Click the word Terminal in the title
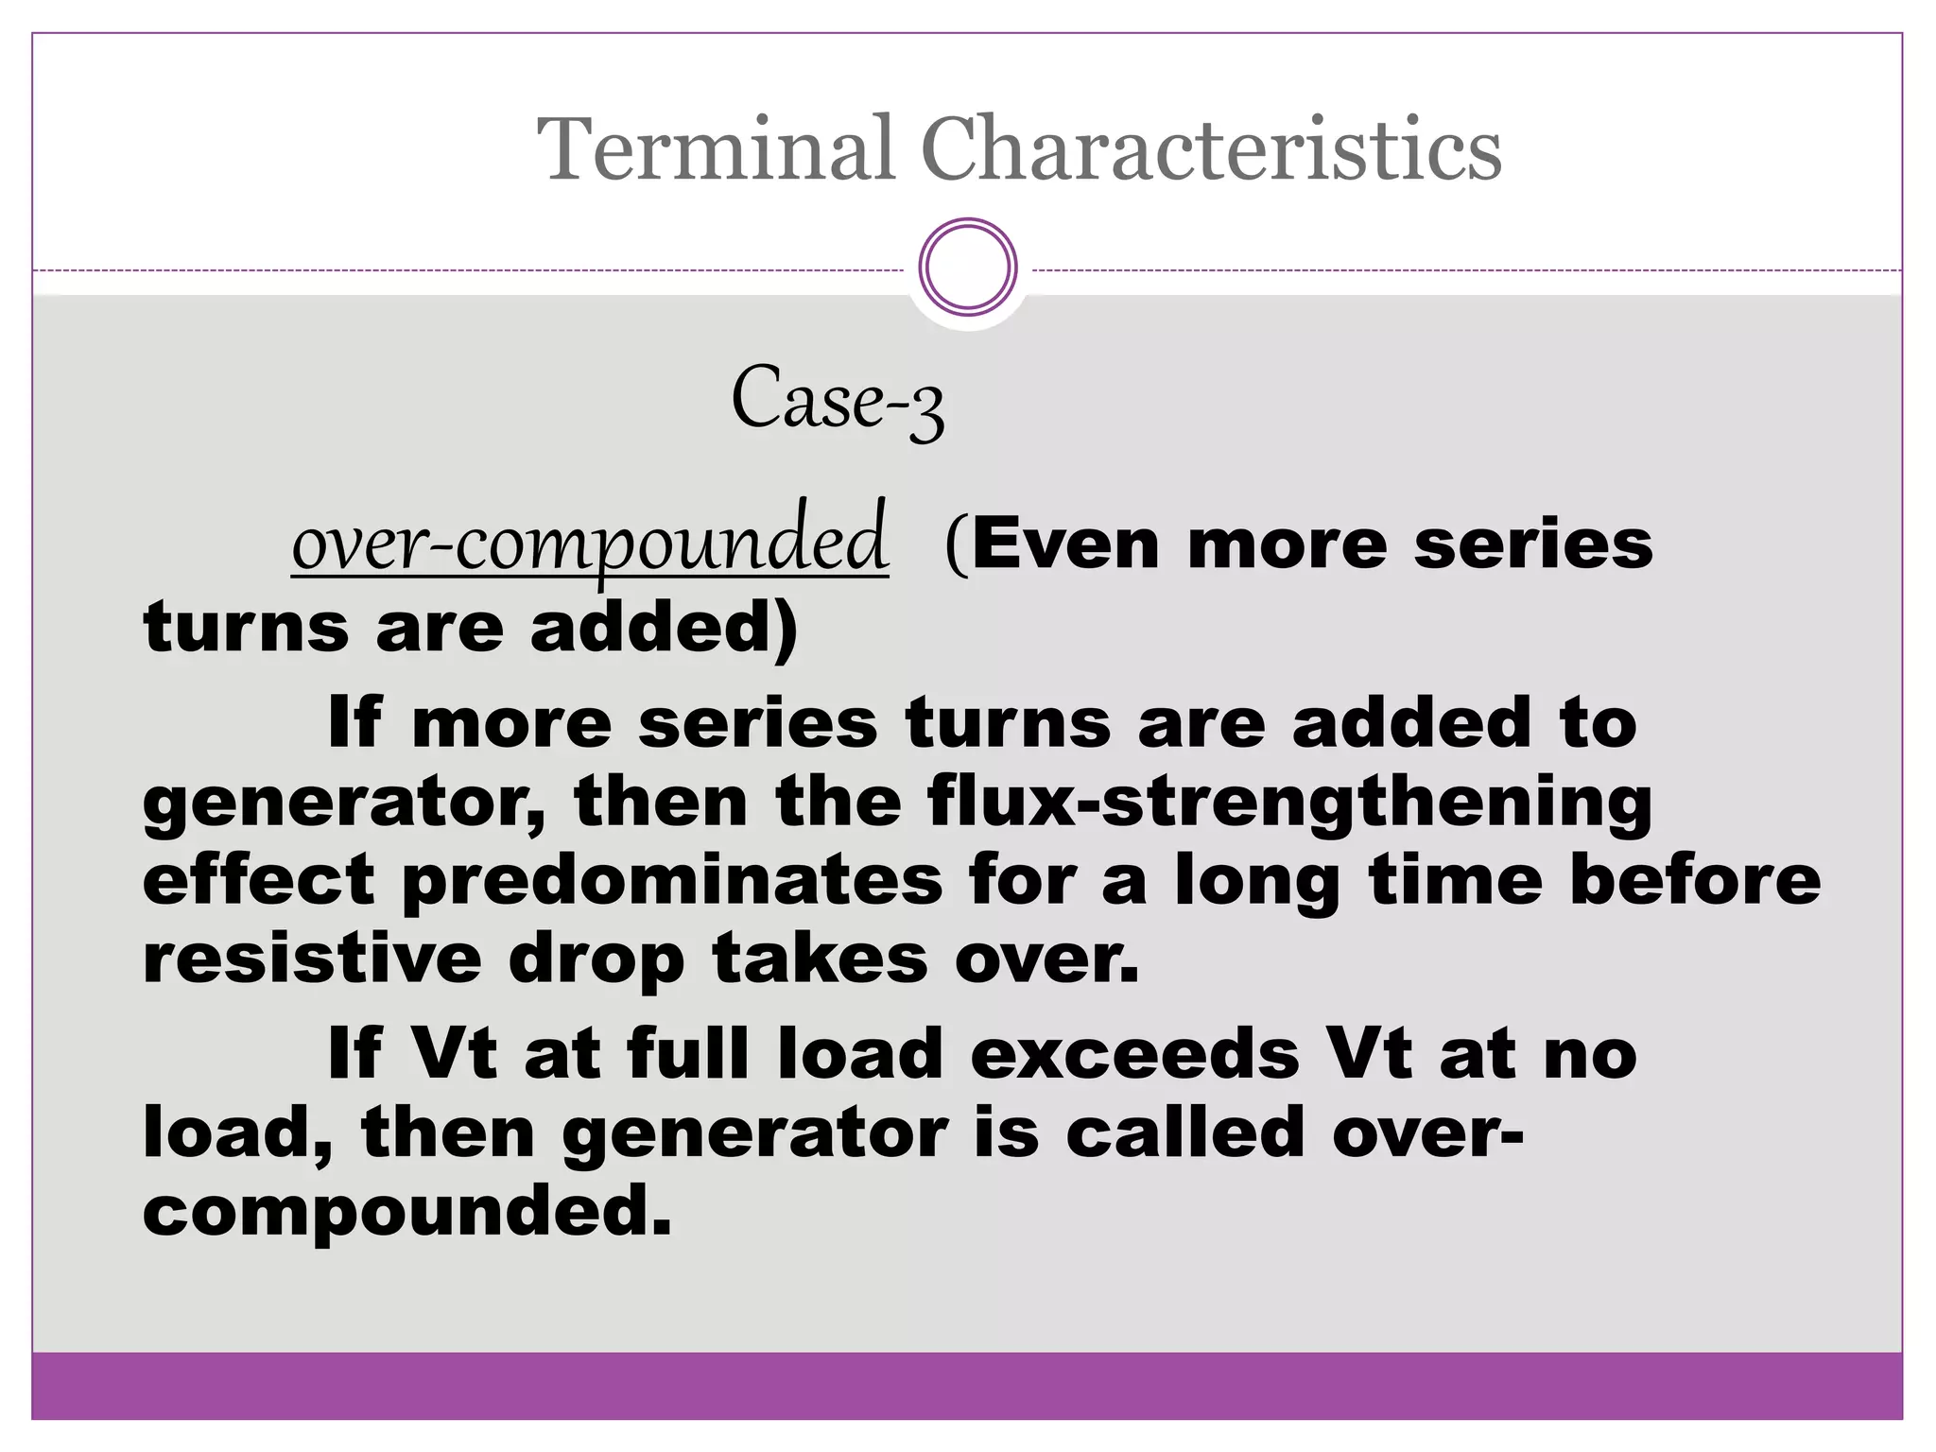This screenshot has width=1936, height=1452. [715, 148]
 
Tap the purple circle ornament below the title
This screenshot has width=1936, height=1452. [967, 267]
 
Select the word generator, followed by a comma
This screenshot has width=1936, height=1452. [344, 803]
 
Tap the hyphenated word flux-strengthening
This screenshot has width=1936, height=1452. [1289, 803]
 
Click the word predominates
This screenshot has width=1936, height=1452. [672, 881]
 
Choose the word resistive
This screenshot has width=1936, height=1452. [312, 959]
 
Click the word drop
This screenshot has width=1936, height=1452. [596, 960]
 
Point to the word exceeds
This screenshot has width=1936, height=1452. [1134, 1053]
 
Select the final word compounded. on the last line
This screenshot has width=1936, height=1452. [406, 1213]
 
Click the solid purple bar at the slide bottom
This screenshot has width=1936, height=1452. [967, 1385]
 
